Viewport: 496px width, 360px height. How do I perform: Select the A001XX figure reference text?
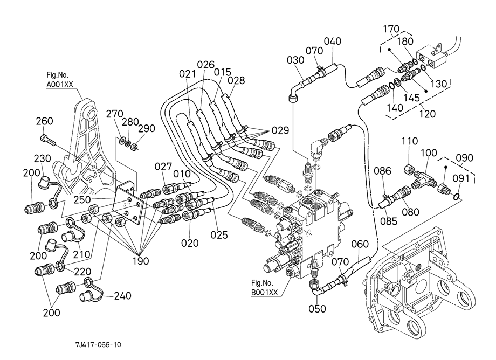tap(60, 85)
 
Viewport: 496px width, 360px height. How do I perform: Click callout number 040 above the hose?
tap(333, 41)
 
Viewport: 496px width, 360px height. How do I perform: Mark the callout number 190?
tap(141, 261)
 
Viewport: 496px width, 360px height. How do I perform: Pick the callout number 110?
tap(410, 141)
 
